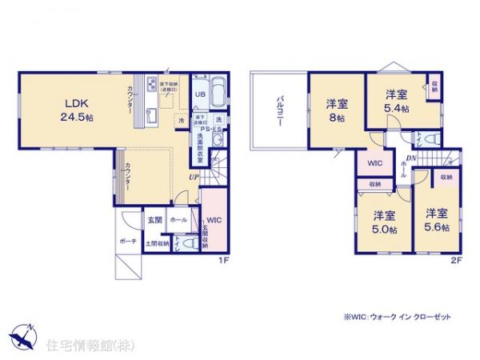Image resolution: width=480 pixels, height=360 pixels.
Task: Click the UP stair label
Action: [194, 177]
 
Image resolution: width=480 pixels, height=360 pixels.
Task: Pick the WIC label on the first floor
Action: [212, 221]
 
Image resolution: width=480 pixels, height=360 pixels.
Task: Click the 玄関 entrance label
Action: [154, 218]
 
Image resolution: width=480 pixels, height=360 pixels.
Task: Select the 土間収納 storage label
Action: [157, 242]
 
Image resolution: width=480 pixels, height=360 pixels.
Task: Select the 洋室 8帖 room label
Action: [336, 110]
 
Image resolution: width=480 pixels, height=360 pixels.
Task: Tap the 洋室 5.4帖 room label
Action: [397, 101]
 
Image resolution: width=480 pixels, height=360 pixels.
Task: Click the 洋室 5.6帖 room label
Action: [436, 220]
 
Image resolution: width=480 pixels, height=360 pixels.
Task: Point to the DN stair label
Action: [410, 158]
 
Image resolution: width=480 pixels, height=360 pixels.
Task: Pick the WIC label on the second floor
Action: [374, 164]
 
